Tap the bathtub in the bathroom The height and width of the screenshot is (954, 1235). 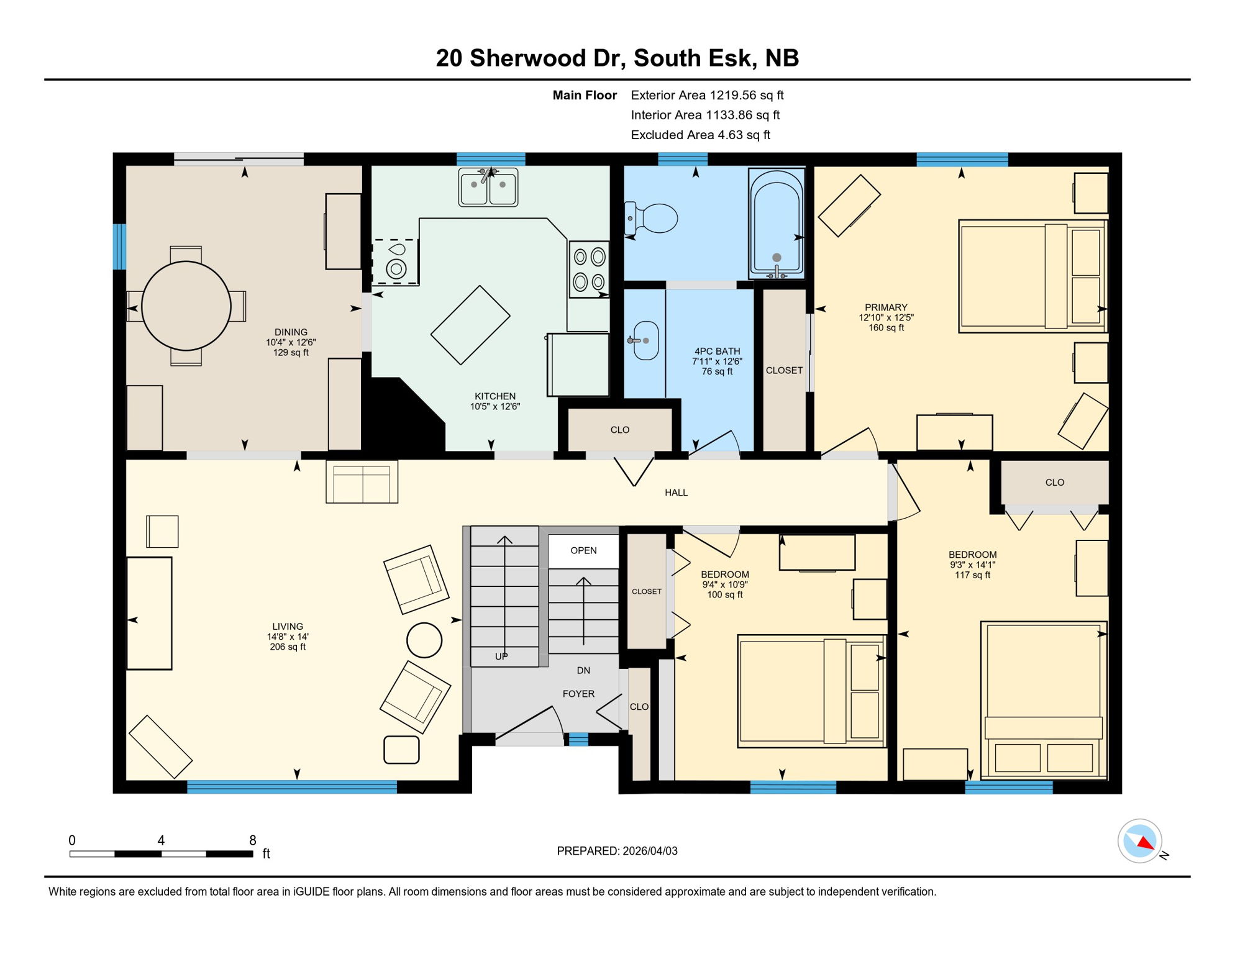point(777,224)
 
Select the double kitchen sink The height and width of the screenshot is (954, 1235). point(488,187)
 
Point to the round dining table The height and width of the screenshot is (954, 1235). point(186,306)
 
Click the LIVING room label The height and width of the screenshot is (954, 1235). point(287,627)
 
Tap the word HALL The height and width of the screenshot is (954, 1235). point(676,493)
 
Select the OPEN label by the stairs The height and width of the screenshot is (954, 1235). point(583,550)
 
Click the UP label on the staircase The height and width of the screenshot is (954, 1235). point(501,656)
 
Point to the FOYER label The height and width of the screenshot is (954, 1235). point(578,694)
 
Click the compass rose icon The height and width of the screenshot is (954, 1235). point(1139,841)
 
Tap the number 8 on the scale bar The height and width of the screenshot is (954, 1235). point(252,840)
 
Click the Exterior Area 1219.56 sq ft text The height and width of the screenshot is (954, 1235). point(707,95)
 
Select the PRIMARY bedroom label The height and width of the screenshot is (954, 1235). point(886,307)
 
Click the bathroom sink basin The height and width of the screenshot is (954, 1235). point(645,340)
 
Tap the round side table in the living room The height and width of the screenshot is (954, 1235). point(424,640)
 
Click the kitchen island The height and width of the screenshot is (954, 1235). point(470,325)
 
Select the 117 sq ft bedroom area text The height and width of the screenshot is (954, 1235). point(972,575)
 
